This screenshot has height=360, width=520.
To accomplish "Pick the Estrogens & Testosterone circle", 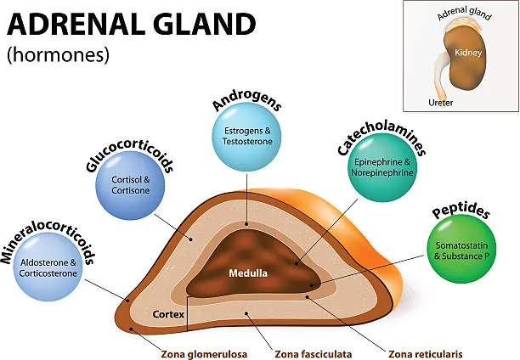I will [246, 138].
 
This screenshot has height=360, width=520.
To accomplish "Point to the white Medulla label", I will [247, 273].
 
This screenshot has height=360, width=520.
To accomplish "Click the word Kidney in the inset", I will [469, 53].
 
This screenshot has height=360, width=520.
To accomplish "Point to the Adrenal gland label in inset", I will [464, 14].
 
